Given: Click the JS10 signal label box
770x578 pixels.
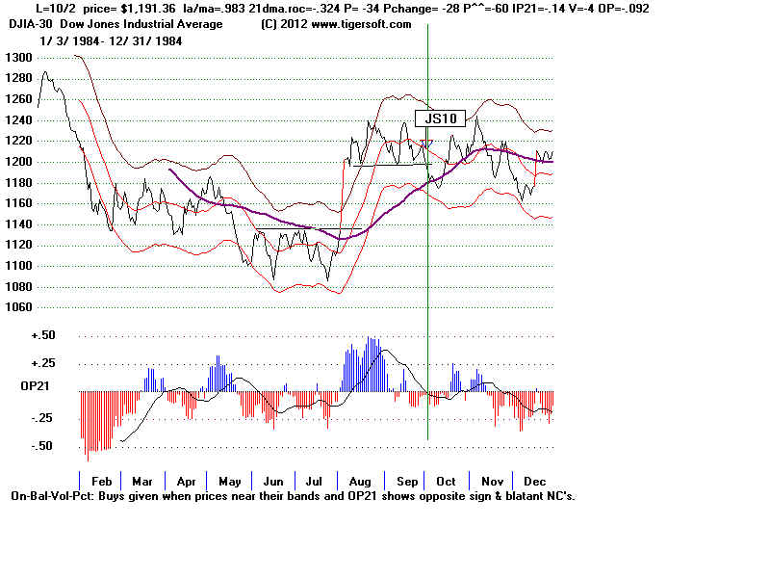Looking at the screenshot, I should pos(440,118).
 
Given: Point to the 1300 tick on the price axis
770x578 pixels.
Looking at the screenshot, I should pos(18,58).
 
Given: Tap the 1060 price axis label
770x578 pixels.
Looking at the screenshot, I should pos(18,307).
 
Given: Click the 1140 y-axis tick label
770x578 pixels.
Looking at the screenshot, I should pos(18,224).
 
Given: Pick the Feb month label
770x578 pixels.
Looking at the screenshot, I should pos(100,480).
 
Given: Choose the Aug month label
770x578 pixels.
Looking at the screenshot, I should pos(361,480).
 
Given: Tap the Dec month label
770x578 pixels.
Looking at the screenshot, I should pos(534,480).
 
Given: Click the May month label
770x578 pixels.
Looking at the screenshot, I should pos(229,480).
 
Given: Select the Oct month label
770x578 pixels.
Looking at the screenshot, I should pos(447,480).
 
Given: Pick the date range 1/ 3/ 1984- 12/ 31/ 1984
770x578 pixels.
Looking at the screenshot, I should pos(112,41).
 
